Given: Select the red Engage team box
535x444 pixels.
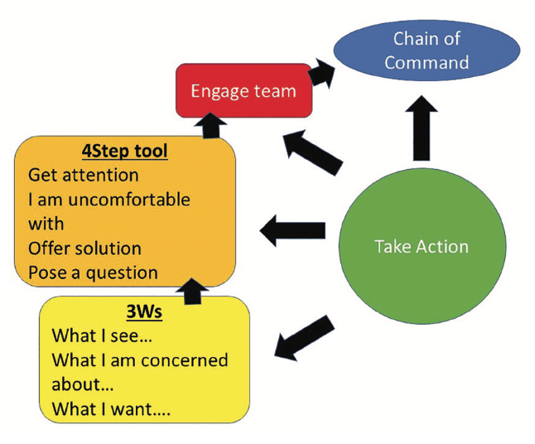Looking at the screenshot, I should tap(243, 91).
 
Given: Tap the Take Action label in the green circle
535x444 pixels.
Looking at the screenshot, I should tap(422, 246).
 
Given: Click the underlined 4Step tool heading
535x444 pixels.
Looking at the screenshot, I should tap(124, 152).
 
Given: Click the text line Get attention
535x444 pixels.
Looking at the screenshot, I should tap(83, 176).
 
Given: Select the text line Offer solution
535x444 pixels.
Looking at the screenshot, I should tap(84, 249).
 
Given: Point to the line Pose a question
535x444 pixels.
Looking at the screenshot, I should tap(93, 273).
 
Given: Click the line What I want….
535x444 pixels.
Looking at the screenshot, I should tap(111, 409).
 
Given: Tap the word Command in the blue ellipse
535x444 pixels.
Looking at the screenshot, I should tap(427, 62).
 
